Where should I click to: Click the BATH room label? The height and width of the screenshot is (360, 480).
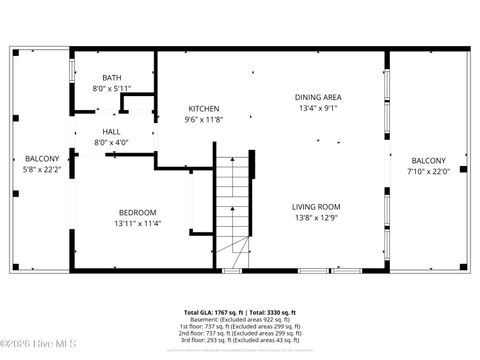(112, 78)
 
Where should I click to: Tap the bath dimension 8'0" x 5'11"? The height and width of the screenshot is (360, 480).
(112, 88)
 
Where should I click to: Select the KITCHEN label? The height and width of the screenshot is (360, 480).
(204, 108)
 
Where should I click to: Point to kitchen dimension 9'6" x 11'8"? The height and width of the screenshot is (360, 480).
(204, 119)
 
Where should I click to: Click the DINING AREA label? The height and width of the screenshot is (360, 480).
(318, 97)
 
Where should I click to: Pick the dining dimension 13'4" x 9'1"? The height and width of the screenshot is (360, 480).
(318, 108)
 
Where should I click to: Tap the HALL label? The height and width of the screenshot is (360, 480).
(112, 131)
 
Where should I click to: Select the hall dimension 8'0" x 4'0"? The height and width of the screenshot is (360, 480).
(112, 142)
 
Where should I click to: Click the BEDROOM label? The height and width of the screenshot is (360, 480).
(137, 212)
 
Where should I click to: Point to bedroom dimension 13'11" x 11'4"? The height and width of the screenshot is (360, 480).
(137, 223)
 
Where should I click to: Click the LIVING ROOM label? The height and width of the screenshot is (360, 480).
(316, 206)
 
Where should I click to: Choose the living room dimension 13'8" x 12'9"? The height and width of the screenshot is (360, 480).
(316, 217)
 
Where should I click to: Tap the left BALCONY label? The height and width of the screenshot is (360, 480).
(42, 158)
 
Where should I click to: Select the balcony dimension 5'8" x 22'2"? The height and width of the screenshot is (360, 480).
(42, 169)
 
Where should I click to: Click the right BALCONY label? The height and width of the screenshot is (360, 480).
(429, 160)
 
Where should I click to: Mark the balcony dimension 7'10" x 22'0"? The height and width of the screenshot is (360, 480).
(429, 171)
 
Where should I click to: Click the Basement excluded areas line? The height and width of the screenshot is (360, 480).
(240, 319)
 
